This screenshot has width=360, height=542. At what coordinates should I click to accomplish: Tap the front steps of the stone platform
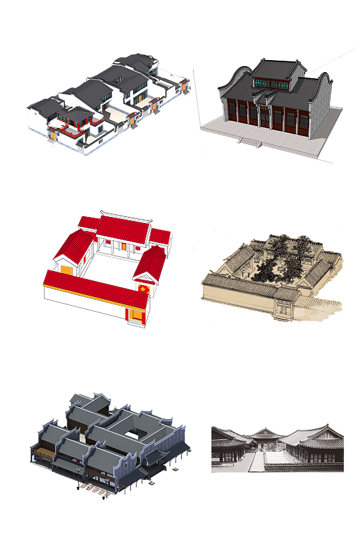[249, 141]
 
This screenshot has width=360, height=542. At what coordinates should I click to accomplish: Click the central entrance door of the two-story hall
[261, 115]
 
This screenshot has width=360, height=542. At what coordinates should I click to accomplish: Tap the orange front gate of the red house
[138, 315]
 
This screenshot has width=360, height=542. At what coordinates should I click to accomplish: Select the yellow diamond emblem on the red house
[143, 288]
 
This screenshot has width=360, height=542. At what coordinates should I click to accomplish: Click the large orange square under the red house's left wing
[67, 269]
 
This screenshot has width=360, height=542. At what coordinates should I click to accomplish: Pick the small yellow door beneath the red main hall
[124, 247]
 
